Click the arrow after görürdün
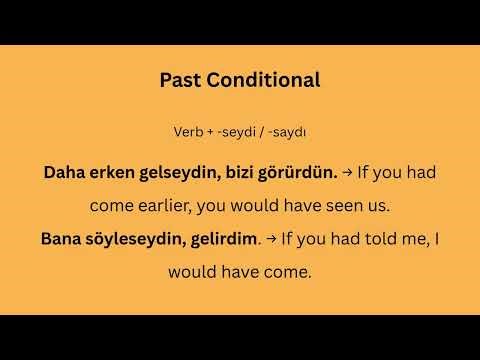[347, 171]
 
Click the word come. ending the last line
[290, 271]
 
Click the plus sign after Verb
[210, 131]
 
